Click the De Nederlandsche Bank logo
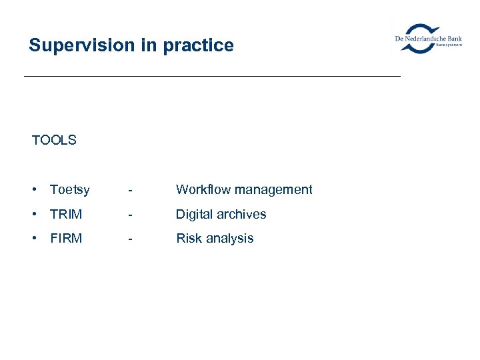point(429,39)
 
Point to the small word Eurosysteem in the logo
point(449,45)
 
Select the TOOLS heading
point(54,140)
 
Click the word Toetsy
point(69,190)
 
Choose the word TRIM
point(66,214)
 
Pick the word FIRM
point(66,238)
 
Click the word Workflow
point(201,189)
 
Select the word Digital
point(194,214)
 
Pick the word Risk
point(189,238)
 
